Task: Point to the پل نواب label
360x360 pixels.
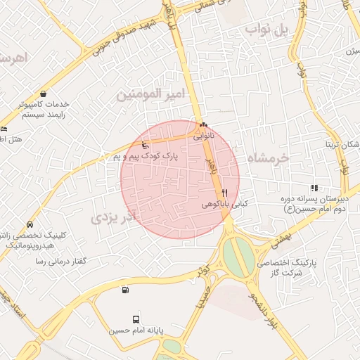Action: pos(266,30)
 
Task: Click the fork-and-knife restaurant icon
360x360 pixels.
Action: pos(224,192)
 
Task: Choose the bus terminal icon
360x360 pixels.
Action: pos(136,318)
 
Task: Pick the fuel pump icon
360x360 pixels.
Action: pos(125,289)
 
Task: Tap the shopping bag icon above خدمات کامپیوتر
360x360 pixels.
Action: pos(44,94)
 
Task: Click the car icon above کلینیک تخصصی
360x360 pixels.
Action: pos(29,224)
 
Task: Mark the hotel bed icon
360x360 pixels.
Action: pos(4,129)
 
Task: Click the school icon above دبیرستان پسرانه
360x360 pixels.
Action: pos(314,188)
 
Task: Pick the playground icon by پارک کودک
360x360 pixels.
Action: pos(146,146)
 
